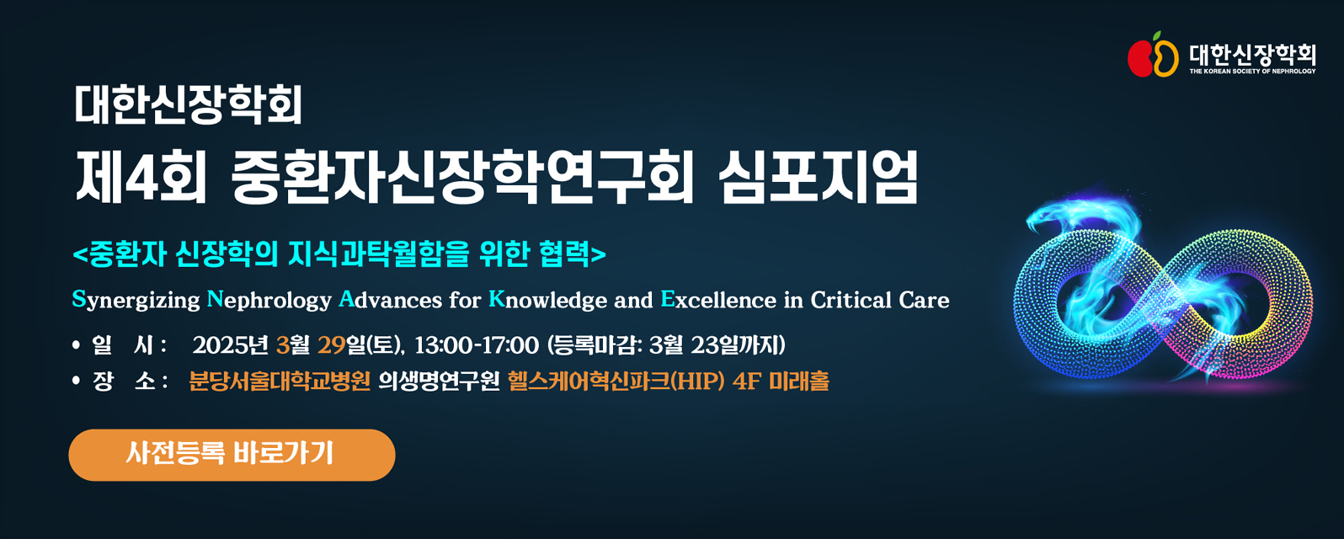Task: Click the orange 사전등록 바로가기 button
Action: (232, 455)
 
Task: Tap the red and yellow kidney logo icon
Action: (1153, 55)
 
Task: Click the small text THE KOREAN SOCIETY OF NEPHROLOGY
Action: (1252, 71)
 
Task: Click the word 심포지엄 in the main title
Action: (818, 176)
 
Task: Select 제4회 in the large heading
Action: (141, 177)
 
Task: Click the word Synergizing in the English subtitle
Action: (136, 300)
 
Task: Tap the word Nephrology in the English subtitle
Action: (269, 300)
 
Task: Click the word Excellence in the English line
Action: (718, 300)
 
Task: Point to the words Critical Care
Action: (880, 300)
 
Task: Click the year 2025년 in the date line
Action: (231, 345)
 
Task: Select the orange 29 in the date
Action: (332, 345)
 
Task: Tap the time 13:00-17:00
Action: (477, 345)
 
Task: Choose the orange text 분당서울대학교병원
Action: (280, 382)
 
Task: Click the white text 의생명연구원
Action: (439, 382)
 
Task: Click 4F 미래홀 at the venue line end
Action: (781, 382)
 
